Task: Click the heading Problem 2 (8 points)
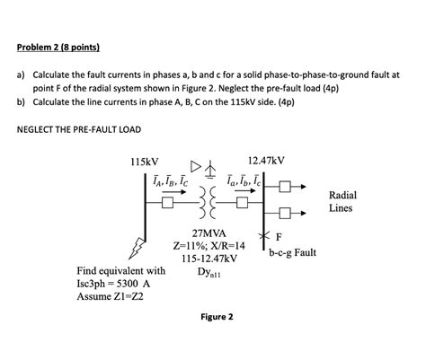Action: coord(59,48)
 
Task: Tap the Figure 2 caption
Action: coord(217,317)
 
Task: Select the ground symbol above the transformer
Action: coord(212,169)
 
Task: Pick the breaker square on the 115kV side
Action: coord(168,202)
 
